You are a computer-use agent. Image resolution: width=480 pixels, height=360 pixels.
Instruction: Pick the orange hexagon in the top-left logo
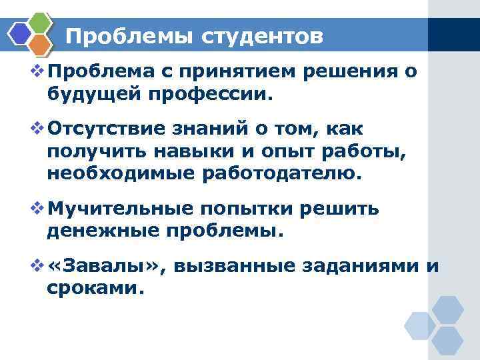pyautogui.click(x=41, y=44)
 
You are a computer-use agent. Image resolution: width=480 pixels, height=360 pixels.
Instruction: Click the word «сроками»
pyautogui.click(x=95, y=287)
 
